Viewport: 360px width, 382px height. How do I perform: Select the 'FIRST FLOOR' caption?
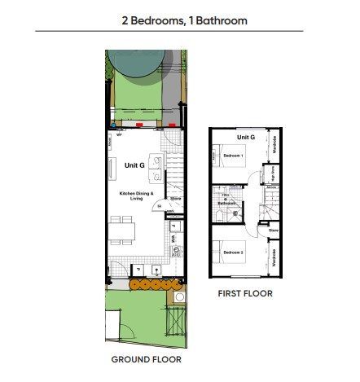pos(245,293)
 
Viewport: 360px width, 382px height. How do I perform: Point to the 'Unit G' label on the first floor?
pos(246,138)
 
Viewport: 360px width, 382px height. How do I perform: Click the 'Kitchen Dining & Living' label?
pos(135,195)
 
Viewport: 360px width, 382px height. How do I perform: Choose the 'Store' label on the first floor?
pos(273,231)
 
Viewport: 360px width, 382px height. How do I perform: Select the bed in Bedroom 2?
pos(227,252)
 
